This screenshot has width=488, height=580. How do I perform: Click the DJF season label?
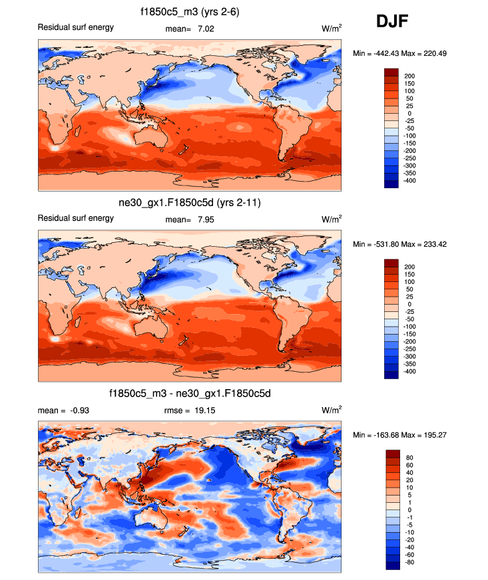point(391,22)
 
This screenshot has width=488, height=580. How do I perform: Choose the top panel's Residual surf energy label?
point(75,27)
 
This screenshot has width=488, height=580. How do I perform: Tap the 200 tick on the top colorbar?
point(409,76)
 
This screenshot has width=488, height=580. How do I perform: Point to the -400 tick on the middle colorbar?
point(411,371)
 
